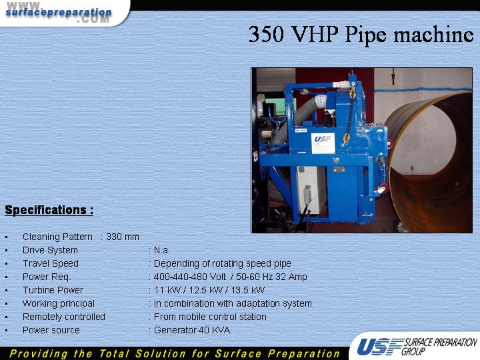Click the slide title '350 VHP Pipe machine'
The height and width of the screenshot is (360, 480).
[361, 35]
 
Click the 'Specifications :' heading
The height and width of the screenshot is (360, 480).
[49, 210]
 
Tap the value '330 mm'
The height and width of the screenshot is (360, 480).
[123, 237]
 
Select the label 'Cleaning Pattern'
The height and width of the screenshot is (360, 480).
[57, 237]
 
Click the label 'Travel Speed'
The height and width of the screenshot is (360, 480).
[51, 263]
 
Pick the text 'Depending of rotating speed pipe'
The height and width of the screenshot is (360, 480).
[222, 263]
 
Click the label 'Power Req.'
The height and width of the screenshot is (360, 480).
[47, 277]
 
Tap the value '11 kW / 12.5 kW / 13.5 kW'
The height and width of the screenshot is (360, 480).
[209, 290]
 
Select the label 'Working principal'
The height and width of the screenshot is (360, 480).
[59, 304]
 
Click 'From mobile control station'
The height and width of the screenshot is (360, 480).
[210, 317]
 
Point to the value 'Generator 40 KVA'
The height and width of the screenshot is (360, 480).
[192, 330]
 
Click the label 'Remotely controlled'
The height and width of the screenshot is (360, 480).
[64, 317]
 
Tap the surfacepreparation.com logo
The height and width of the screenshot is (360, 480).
[59, 13]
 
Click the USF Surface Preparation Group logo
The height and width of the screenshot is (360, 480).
[417, 347]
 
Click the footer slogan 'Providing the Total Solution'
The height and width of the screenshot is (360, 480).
[175, 353]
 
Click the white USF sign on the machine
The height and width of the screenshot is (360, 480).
[323, 143]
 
